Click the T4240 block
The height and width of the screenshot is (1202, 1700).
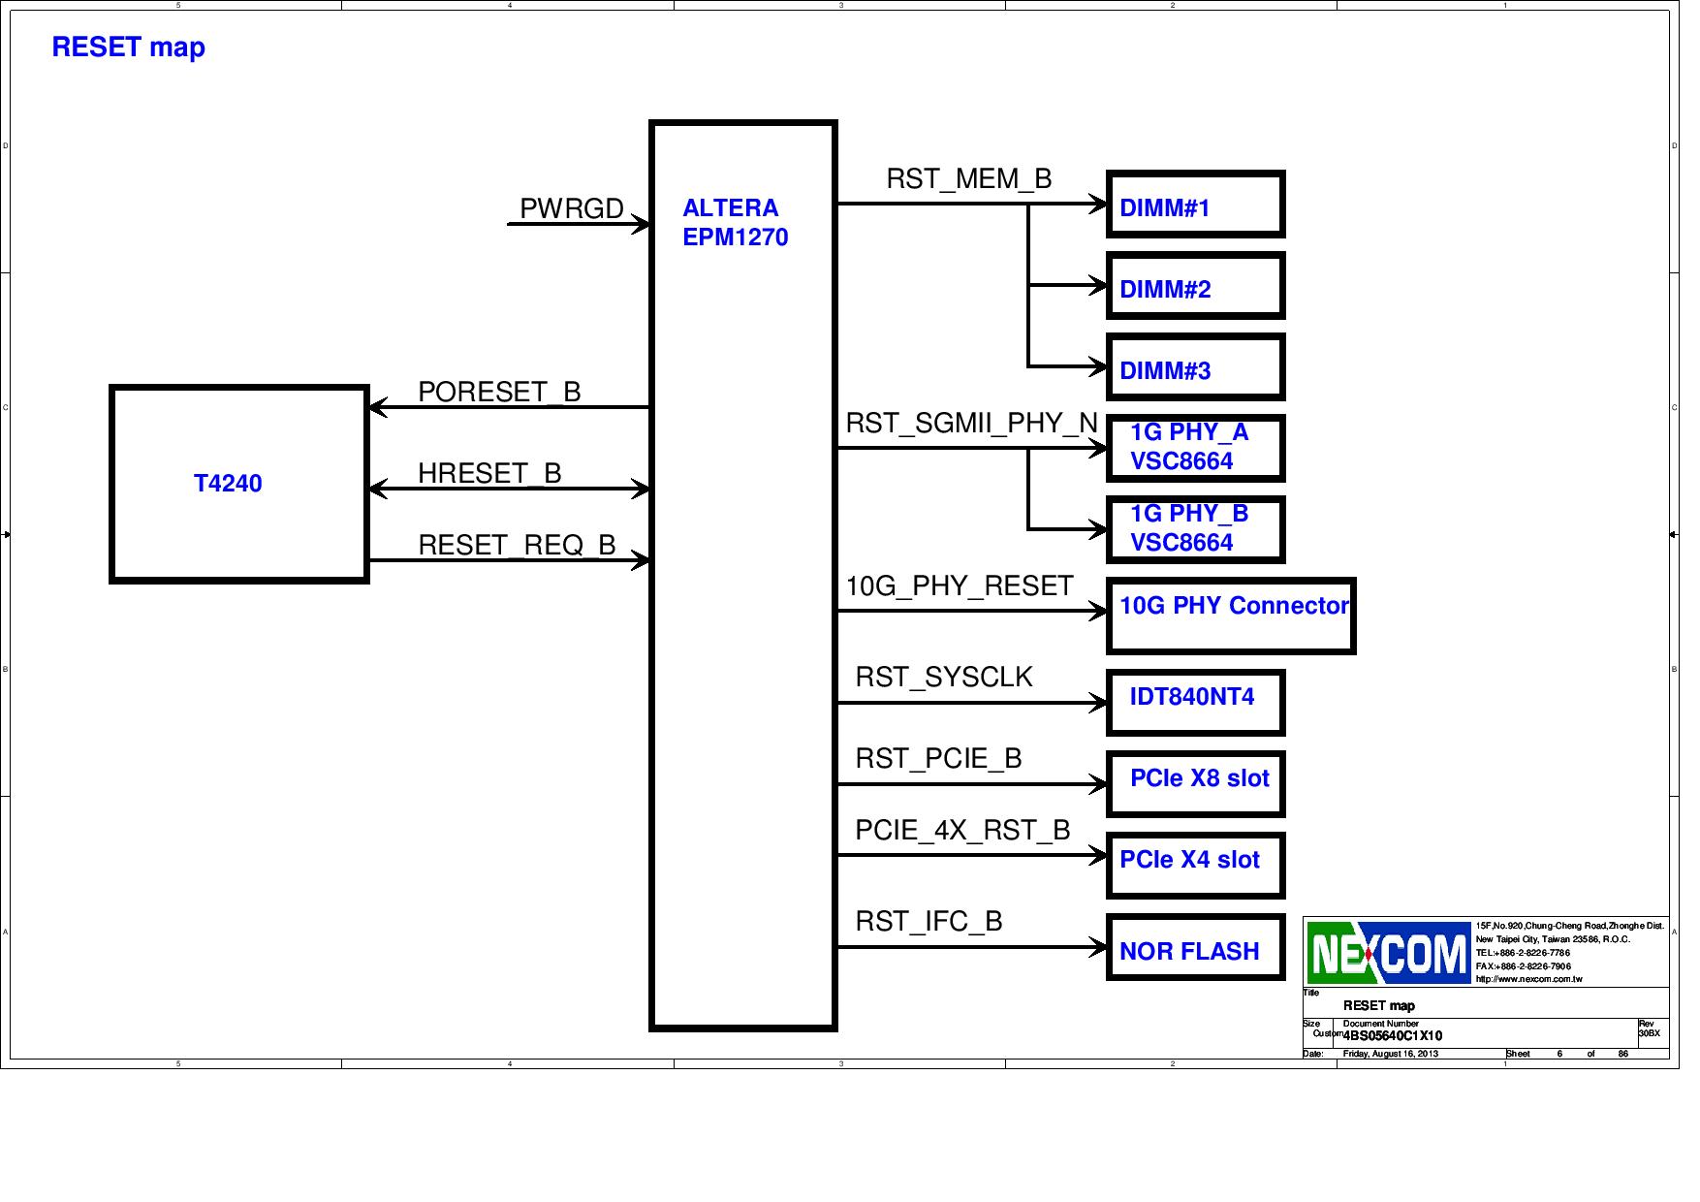point(238,484)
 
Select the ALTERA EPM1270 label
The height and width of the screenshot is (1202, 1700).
point(735,223)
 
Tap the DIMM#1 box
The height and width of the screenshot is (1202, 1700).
point(1195,205)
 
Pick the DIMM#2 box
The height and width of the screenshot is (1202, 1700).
point(1195,286)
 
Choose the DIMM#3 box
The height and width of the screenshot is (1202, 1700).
point(1195,367)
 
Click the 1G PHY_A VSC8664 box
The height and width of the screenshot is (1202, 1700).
point(1195,448)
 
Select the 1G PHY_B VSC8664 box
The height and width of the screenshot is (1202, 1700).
point(1195,529)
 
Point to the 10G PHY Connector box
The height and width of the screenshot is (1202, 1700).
point(1231,616)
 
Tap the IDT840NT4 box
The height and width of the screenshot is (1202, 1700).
point(1195,702)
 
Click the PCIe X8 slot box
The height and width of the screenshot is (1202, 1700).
point(1195,783)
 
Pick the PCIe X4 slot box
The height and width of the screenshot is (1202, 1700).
point(1195,865)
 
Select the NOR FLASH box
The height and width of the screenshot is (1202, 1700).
point(1195,948)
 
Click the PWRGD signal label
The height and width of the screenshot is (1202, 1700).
point(572,208)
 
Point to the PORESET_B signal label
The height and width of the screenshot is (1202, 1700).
point(499,392)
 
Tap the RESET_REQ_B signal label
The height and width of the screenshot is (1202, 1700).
point(517,545)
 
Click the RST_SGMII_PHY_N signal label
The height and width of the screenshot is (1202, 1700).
point(971,424)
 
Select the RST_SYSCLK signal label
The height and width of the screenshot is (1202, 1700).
point(944,677)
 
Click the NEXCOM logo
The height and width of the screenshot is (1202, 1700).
point(1388,953)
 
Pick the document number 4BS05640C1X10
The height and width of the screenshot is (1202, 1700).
point(1392,1035)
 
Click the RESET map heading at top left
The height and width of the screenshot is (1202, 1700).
point(128,47)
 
